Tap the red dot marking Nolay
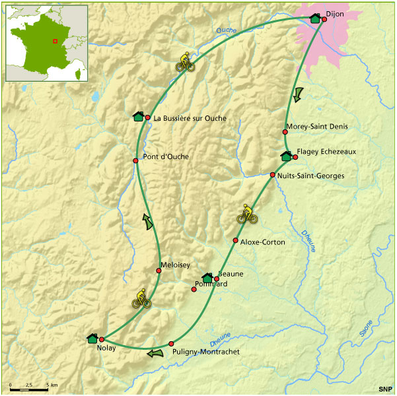102,340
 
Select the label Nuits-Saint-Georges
311,176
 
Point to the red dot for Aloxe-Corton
235,240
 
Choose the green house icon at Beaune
207,278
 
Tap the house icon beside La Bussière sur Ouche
139,117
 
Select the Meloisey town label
175,265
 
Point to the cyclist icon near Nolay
141,299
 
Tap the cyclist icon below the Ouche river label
185,61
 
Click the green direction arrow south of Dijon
299,94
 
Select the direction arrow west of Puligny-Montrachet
155,353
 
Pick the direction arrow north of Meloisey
149,221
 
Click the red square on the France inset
55,41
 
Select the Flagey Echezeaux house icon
286,156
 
